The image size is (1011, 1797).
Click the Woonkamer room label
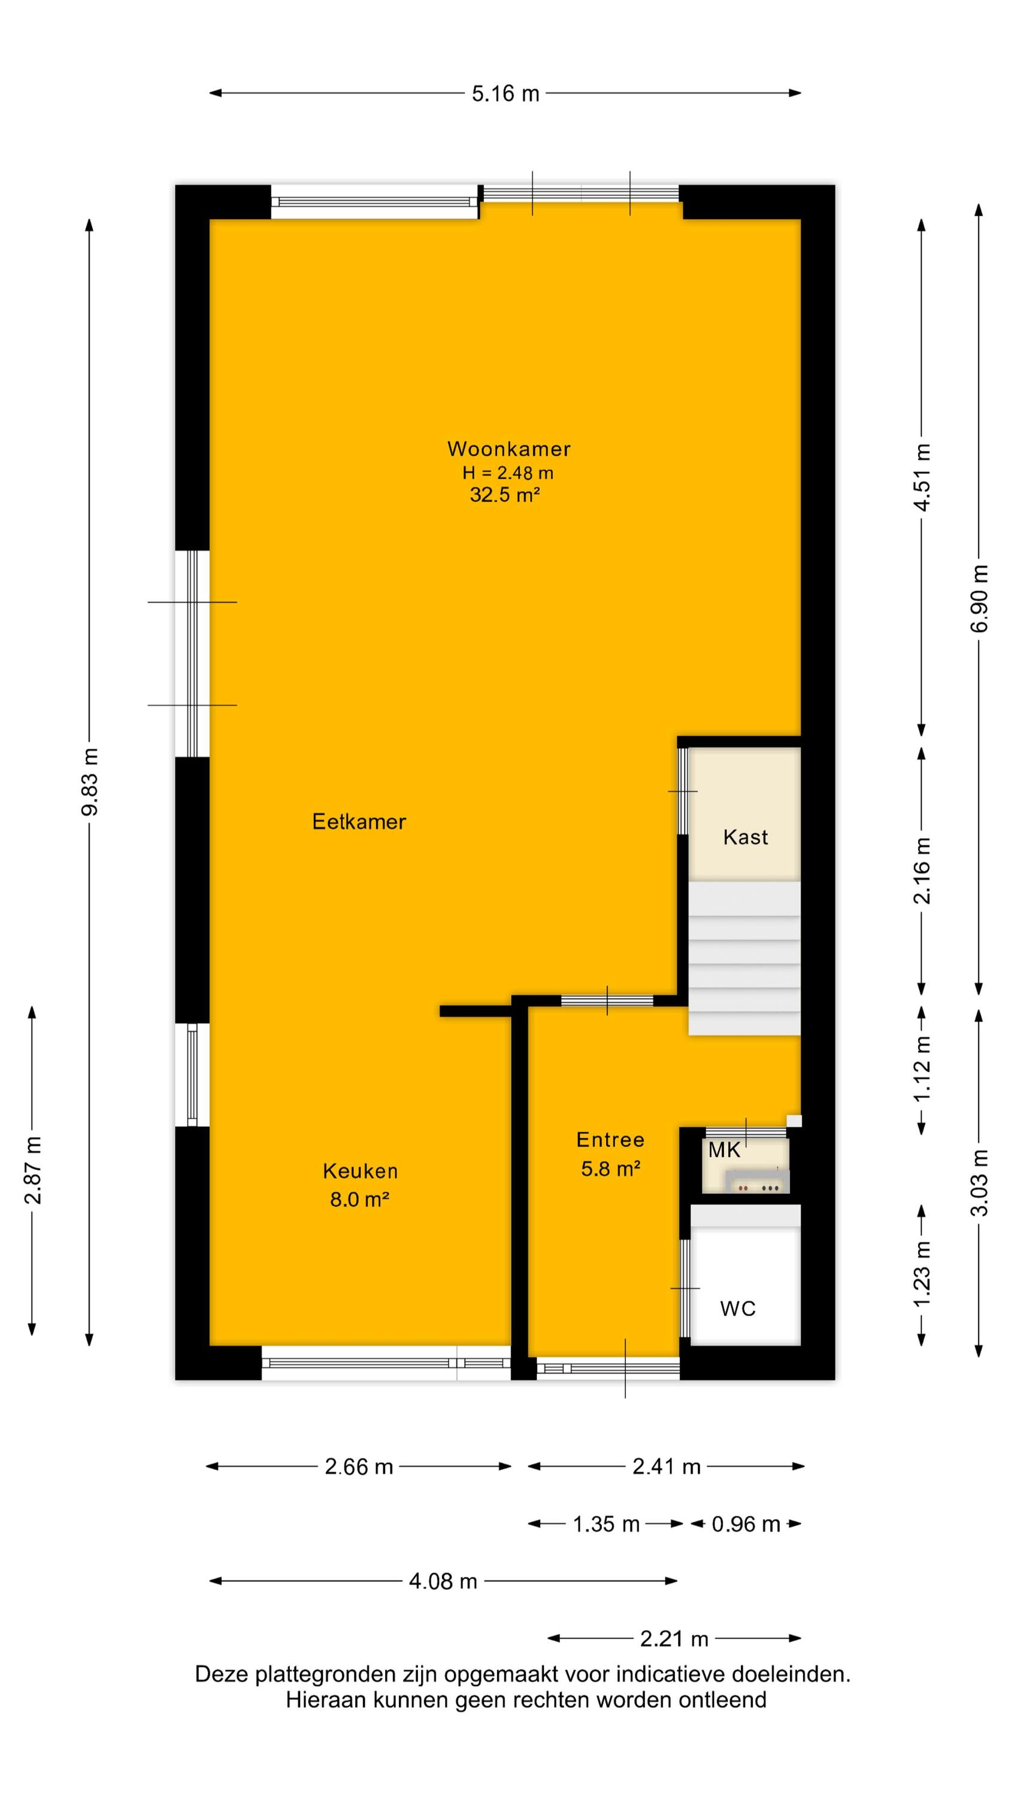coord(508,449)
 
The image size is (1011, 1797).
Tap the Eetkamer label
coord(359,821)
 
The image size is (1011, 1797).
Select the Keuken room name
coord(360,1170)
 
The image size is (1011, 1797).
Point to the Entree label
coord(610,1139)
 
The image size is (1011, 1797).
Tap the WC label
coord(737,1308)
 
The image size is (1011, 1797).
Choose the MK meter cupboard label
coord(724,1149)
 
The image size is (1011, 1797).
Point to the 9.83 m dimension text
coord(90,781)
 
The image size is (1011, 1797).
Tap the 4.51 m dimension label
coord(922,477)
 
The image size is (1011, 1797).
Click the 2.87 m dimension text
coord(33,1170)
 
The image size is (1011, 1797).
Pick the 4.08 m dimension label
coord(443,1581)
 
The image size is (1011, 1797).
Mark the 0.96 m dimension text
coord(745,1524)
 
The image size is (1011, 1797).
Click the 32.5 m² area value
coord(504,495)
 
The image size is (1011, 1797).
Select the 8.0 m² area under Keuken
coord(359,1199)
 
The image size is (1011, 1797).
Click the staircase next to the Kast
coord(744,958)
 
